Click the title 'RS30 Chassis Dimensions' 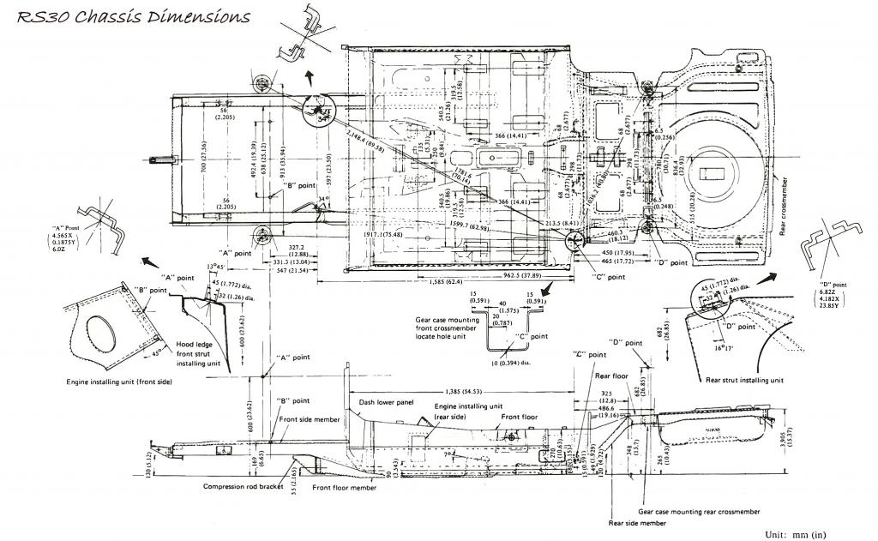[134, 17]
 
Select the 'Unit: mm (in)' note [797, 533]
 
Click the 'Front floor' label [520, 417]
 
